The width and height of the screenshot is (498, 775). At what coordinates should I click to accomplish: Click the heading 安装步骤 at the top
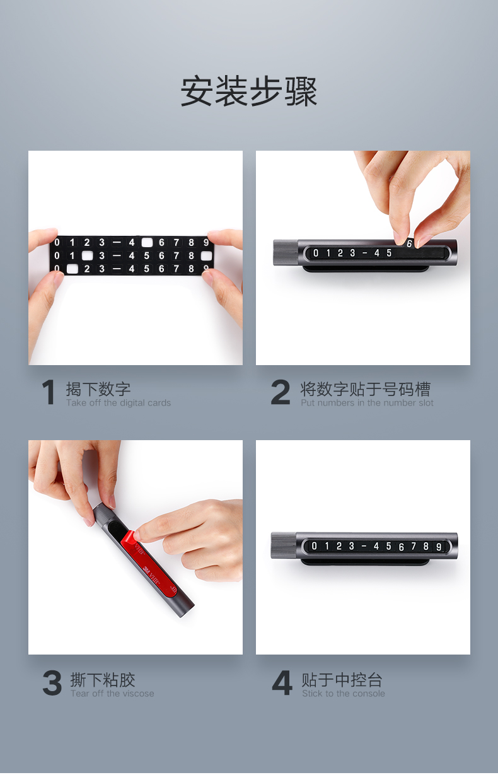click(249, 92)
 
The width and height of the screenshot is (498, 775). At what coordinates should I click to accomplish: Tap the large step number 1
click(49, 393)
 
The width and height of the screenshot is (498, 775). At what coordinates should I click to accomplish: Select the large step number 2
click(281, 393)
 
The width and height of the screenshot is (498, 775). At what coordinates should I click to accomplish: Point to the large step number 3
click(52, 684)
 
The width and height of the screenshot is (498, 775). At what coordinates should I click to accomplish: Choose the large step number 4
click(282, 684)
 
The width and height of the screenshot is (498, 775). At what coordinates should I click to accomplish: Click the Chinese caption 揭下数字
click(98, 389)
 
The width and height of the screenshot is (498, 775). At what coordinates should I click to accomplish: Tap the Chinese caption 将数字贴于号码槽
click(366, 389)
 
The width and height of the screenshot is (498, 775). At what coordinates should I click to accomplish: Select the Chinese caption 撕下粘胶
click(103, 680)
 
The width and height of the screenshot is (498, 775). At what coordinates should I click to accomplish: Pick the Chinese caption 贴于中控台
click(342, 680)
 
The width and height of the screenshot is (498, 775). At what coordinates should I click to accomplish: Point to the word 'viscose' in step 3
click(138, 694)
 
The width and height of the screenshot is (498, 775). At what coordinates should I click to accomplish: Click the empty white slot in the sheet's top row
click(147, 242)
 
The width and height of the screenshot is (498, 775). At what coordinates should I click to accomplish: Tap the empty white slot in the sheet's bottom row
click(72, 269)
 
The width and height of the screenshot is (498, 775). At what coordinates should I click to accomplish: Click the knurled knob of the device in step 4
click(283, 545)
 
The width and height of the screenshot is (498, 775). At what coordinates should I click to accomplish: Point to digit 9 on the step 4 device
click(439, 547)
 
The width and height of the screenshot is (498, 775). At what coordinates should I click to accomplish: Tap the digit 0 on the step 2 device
click(316, 253)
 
